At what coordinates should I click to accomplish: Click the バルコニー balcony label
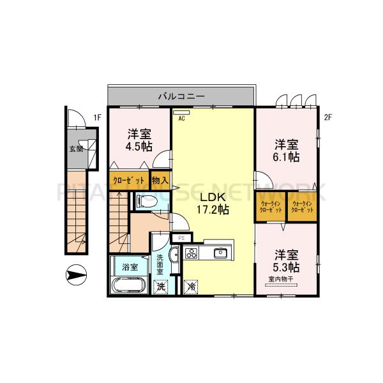(181, 96)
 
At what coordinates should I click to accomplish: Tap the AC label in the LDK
(181, 118)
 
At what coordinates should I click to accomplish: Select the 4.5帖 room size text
(139, 146)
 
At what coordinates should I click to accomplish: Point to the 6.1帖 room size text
(286, 155)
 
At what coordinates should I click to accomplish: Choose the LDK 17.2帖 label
(213, 203)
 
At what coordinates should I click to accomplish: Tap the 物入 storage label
(160, 179)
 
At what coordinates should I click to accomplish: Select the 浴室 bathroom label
(130, 266)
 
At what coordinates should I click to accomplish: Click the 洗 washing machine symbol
(162, 287)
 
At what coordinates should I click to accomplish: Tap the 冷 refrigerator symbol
(191, 287)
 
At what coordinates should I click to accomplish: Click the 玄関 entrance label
(76, 151)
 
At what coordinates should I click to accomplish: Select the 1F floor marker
(97, 117)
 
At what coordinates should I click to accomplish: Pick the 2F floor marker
(328, 117)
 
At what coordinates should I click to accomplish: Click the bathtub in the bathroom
(130, 285)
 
